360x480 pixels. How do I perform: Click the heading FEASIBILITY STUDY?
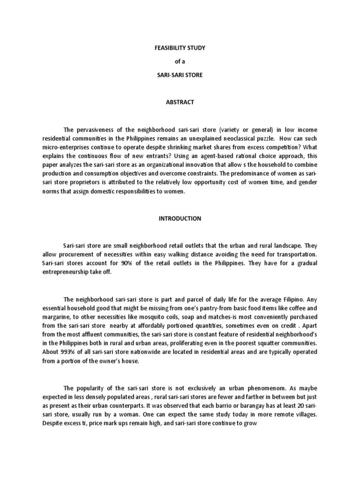[180, 48]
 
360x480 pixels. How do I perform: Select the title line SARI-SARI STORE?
[180, 75]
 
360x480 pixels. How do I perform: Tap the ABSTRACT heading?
[180, 102]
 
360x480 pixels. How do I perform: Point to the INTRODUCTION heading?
[180, 218]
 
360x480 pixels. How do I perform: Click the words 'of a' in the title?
[180, 61]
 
